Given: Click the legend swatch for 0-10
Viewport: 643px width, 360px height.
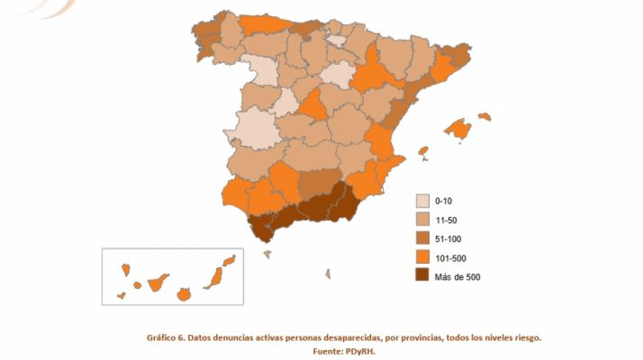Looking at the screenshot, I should pyautogui.click(x=421, y=201).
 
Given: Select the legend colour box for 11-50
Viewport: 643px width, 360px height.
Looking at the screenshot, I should pyautogui.click(x=421, y=220).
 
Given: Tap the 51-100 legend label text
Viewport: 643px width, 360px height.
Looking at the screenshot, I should pyautogui.click(x=449, y=238).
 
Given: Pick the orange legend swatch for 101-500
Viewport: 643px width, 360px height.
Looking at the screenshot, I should pyautogui.click(x=421, y=257).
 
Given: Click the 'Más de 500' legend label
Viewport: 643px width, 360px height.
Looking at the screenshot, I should pyautogui.click(x=457, y=276).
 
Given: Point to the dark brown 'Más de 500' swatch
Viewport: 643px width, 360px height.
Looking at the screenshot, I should pyautogui.click(x=421, y=276).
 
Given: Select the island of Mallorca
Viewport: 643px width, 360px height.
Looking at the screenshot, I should pyautogui.click(x=459, y=130).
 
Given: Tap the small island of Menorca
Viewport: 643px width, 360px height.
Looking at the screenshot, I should pyautogui.click(x=485, y=116).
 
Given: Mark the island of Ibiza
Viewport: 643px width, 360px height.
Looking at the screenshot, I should pyautogui.click(x=422, y=152).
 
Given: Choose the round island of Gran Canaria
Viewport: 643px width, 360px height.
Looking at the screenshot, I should pyautogui.click(x=184, y=293).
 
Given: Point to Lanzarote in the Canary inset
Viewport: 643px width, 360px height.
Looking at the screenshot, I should pyautogui.click(x=230, y=261).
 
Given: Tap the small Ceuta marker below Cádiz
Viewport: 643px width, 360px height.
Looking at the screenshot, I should pyautogui.click(x=267, y=254).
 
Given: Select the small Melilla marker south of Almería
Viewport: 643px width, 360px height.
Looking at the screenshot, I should pyautogui.click(x=328, y=273).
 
